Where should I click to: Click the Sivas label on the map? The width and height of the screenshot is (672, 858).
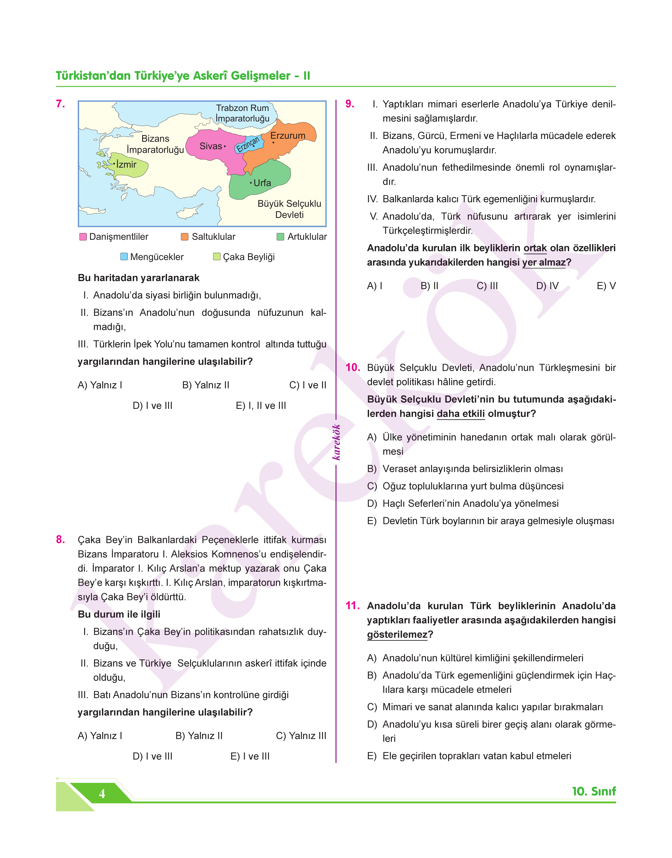(x=211, y=146)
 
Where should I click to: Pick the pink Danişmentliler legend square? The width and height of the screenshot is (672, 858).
(x=83, y=237)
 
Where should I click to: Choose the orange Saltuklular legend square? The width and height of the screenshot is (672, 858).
(x=185, y=237)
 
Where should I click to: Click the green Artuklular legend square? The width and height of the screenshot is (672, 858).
(x=281, y=237)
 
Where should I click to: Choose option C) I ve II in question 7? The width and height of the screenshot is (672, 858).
(x=308, y=385)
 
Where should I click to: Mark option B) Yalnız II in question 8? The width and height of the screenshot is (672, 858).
(x=199, y=736)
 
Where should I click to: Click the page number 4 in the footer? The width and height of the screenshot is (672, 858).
(x=102, y=794)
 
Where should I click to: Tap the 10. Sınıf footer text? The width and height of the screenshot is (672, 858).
(x=594, y=791)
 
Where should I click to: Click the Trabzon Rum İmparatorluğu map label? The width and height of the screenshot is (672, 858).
(x=242, y=113)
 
